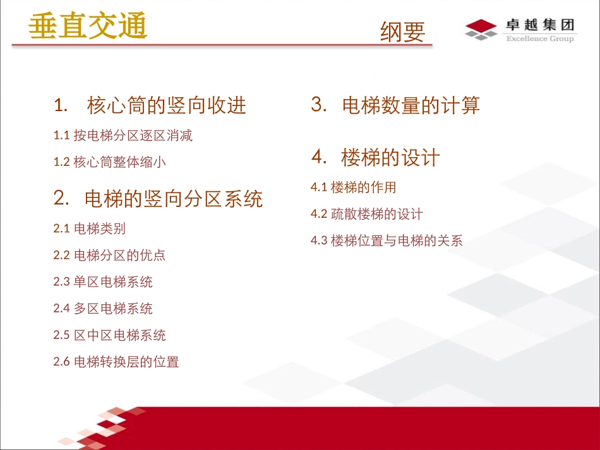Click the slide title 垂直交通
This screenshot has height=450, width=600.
tap(88, 27)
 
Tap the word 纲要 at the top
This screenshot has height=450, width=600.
tap(402, 32)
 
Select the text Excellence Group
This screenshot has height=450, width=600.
tap(539, 39)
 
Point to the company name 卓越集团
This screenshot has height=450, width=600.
tap(540, 25)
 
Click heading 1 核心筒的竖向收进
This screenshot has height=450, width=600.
tap(150, 105)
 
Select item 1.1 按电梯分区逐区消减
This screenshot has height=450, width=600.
tap(123, 135)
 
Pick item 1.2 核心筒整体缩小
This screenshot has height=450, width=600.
tap(110, 162)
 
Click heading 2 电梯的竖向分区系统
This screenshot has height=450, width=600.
tap(158, 199)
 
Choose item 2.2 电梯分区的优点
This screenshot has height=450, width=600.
tap(109, 255)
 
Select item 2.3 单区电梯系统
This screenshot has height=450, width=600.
tap(103, 281)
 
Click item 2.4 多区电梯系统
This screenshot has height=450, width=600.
tap(103, 309)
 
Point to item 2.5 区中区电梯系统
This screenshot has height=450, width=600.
tap(110, 335)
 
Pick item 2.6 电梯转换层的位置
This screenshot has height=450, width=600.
tap(116, 362)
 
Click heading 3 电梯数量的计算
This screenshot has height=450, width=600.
tap(395, 105)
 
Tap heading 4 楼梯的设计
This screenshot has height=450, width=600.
tap(375, 157)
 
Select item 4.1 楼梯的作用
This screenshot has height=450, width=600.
tap(354, 187)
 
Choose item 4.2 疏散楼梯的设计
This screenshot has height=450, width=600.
tap(367, 214)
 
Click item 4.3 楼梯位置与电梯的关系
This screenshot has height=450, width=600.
tap(387, 240)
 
